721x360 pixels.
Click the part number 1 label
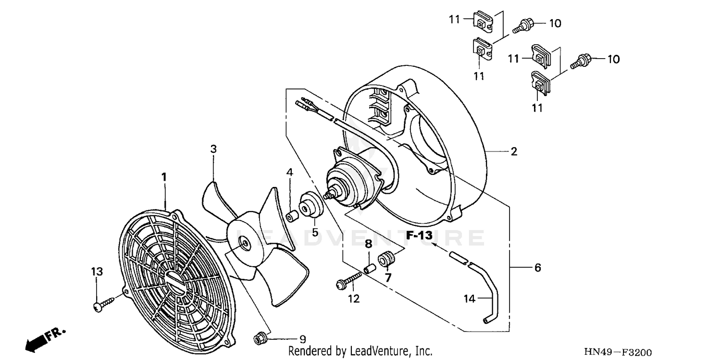point(164,177)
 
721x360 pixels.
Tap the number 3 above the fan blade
point(213,149)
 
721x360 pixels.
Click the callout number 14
point(470,299)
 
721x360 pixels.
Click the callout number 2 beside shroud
point(514,152)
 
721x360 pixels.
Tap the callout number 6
point(537,268)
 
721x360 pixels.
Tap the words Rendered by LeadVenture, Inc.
point(360,351)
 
